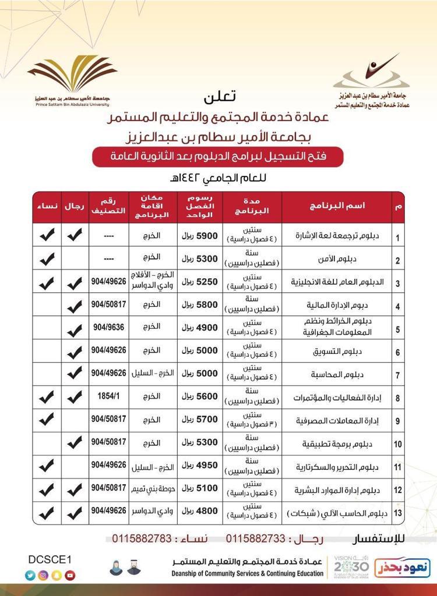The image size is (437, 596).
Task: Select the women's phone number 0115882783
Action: click(x=137, y=538)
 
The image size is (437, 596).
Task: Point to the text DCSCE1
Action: click(x=50, y=559)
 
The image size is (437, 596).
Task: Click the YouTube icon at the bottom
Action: click(x=71, y=575)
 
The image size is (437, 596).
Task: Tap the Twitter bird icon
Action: click(x=30, y=575)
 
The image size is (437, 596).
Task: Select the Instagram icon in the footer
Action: click(x=43, y=575)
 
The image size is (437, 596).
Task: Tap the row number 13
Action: click(x=397, y=513)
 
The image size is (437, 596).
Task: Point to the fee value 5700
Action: click(x=195, y=419)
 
